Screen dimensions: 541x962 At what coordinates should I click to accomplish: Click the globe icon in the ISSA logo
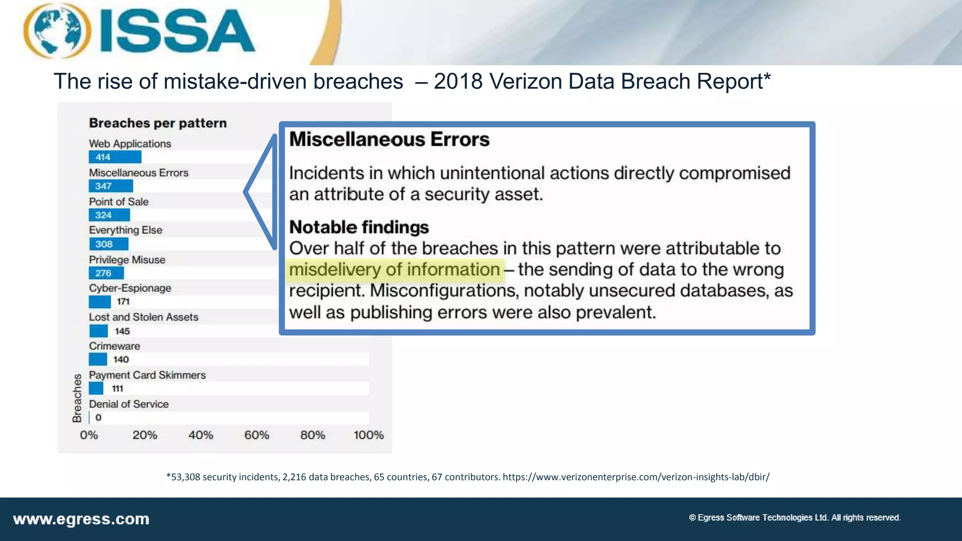coord(57,31)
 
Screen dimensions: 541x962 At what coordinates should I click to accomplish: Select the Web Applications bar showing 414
coord(115,157)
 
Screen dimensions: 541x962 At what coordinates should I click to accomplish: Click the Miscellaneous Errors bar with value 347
coord(110,186)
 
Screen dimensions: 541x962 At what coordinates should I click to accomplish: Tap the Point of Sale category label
coord(119,201)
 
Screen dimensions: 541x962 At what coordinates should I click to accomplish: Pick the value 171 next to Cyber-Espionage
coord(123,301)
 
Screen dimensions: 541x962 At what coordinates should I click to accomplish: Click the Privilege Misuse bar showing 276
coord(106,273)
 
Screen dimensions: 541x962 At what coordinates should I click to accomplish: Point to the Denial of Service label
coord(129,404)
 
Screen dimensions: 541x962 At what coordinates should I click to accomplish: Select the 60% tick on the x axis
coord(256,435)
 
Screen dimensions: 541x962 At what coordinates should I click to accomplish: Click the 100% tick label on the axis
coord(368,435)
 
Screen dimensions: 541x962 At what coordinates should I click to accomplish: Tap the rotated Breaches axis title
coord(77,398)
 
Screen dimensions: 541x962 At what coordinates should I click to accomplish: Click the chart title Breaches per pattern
coord(158,123)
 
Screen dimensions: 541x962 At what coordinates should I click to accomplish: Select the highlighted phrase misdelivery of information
coord(395,270)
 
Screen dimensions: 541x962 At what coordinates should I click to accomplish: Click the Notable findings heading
coord(359,227)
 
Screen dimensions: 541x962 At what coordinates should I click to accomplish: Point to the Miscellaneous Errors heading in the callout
coord(389,139)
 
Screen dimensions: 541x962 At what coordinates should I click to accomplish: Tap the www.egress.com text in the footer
coord(81,519)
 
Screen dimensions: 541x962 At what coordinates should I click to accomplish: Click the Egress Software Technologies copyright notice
coord(794,518)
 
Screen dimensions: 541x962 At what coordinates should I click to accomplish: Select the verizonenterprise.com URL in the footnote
coord(636,477)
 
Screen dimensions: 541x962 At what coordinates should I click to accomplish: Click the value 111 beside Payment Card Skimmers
coord(117,388)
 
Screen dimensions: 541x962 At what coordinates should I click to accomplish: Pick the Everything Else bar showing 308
coord(109,244)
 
